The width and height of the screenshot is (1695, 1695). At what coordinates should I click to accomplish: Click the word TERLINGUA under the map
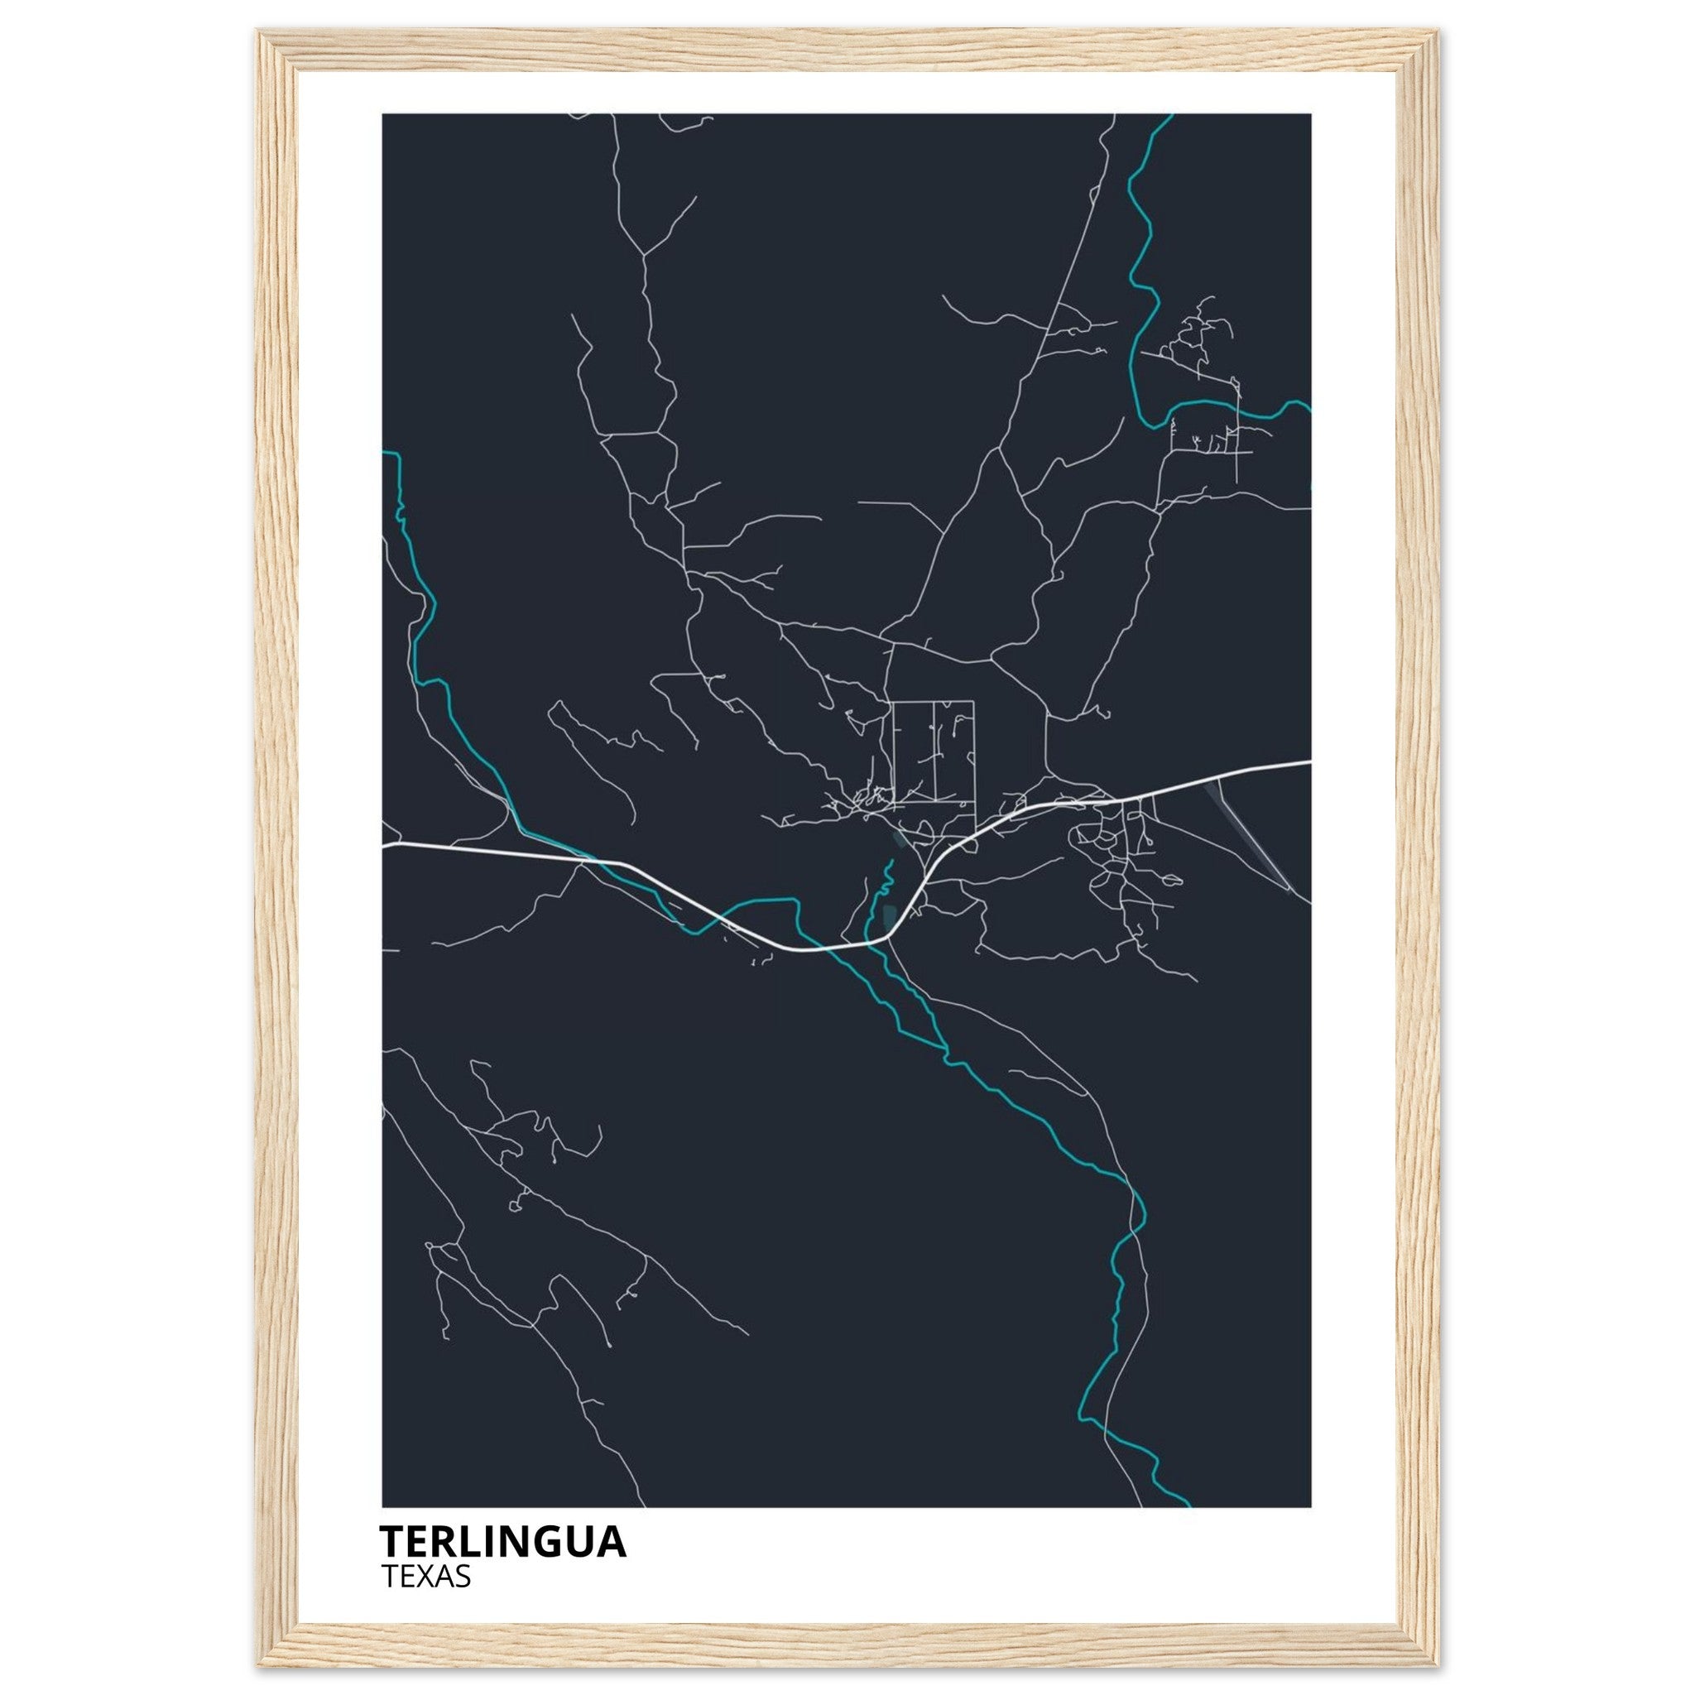click(502, 1541)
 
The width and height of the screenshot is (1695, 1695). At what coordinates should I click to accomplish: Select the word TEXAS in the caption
click(426, 1577)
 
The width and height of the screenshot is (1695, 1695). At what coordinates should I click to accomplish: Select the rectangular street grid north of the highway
click(934, 751)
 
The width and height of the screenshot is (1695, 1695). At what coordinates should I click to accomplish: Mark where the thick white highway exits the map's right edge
click(1310, 761)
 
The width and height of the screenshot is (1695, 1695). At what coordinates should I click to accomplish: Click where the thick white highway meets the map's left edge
click(384, 846)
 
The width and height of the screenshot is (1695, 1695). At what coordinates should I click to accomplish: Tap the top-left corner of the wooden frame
click(260, 31)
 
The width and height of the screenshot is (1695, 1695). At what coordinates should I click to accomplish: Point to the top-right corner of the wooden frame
click(1437, 31)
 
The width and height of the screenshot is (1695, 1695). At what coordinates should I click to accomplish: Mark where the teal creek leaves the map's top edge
click(1170, 115)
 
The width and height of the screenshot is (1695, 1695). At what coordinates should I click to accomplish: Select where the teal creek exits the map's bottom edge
click(1188, 1505)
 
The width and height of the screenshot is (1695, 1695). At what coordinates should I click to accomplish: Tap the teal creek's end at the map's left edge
click(384, 453)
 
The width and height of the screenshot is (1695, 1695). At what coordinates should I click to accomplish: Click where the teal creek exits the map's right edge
click(1309, 406)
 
